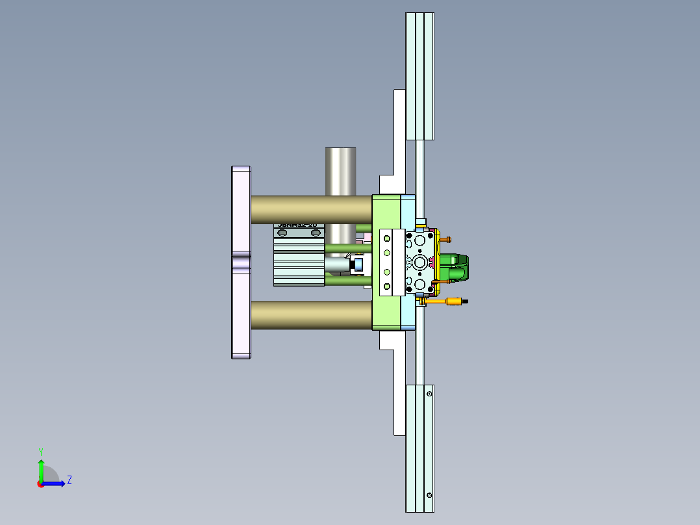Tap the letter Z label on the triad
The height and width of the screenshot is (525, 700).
[x=69, y=480]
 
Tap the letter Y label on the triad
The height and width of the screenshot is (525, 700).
[x=41, y=451]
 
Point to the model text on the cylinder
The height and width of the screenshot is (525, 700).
[x=298, y=225]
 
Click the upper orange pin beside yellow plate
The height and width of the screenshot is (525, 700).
[x=447, y=239]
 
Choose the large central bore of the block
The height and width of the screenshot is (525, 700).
[x=421, y=262]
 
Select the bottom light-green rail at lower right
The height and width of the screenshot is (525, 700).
[x=419, y=448]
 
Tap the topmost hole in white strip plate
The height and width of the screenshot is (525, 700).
[x=388, y=237]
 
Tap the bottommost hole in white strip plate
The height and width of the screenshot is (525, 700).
[x=388, y=286]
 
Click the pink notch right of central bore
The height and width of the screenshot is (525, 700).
[x=432, y=262]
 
